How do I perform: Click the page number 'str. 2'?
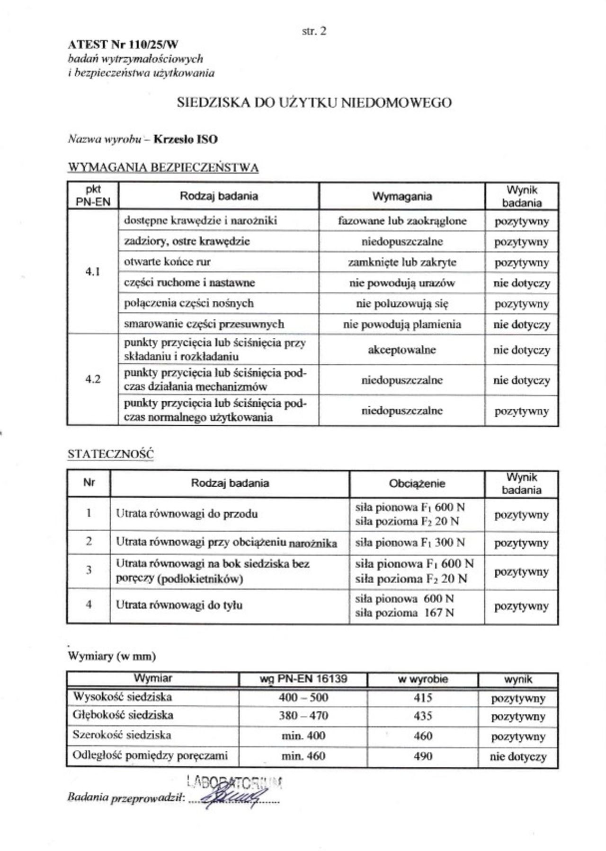pos(314,31)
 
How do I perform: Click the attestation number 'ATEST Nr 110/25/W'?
pos(123,45)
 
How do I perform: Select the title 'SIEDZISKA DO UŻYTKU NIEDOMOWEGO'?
pos(314,103)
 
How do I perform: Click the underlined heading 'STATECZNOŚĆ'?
pos(111,454)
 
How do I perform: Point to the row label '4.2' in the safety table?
pos(93,379)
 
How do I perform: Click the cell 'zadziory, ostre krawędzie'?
pos(187,241)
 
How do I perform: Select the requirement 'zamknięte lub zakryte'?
pos(402,262)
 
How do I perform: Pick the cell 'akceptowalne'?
pos(402,350)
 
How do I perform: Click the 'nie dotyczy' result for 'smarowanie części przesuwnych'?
pos(522,325)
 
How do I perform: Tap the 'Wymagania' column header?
pos(402,196)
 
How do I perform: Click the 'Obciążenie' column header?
pos(417,483)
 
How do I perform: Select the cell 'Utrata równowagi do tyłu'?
pos(179,605)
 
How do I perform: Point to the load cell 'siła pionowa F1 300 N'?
pos(410,542)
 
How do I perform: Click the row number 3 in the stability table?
pos(89,570)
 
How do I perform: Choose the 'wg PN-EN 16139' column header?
pos(303,679)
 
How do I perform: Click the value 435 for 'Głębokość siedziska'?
pos(423,716)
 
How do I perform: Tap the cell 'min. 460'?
pos(303,756)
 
